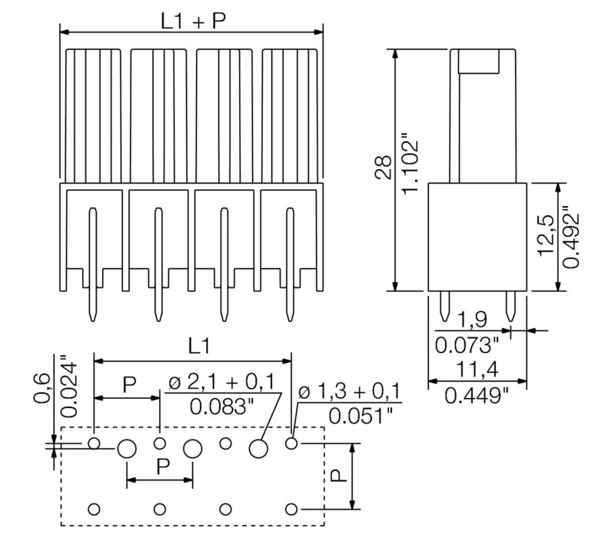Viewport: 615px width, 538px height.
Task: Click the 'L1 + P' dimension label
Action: (192, 21)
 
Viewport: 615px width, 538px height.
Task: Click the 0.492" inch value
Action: (571, 237)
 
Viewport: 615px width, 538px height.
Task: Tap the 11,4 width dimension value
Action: (475, 370)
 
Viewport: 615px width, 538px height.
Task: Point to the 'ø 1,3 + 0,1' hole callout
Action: (351, 393)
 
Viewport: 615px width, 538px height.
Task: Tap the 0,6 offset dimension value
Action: (42, 388)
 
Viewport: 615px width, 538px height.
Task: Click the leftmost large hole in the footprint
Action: (127, 449)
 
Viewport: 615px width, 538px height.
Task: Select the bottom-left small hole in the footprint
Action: (95, 509)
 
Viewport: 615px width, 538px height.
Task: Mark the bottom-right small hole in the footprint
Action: (291, 509)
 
